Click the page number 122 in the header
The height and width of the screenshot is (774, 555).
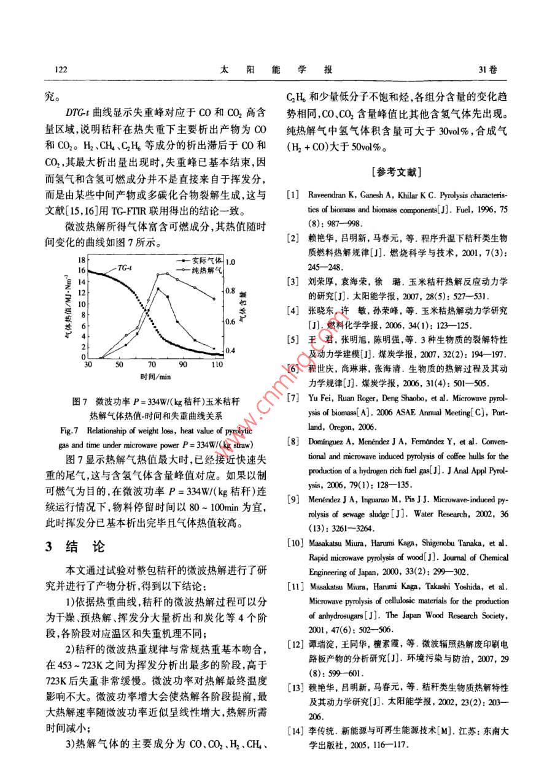tap(60, 69)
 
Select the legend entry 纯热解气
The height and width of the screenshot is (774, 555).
tap(195, 270)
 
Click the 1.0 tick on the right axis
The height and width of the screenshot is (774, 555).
tap(231, 262)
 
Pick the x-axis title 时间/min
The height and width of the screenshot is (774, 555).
tap(152, 376)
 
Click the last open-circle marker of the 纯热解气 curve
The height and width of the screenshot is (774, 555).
tap(214, 299)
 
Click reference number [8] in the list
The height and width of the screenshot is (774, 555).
tap(293, 441)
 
